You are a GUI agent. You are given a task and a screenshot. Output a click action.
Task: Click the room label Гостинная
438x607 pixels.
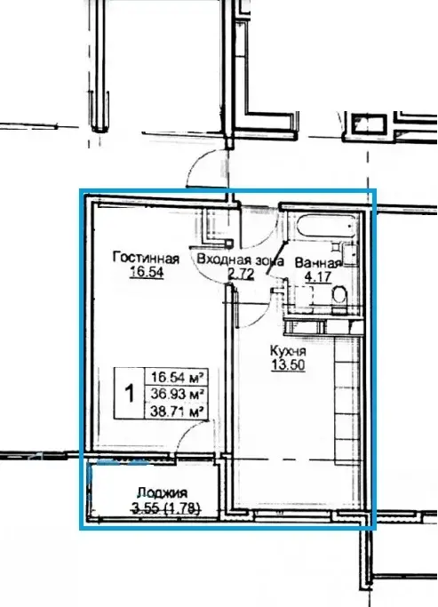pos(146,258)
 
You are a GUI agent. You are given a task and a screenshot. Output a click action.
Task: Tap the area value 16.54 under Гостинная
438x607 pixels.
pos(147,272)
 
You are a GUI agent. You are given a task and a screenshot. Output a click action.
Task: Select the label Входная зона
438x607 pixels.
pos(240,260)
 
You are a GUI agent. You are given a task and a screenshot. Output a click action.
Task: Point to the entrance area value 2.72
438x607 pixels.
pos(241,274)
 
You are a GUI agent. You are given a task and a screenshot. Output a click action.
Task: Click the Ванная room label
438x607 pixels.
pos(318,263)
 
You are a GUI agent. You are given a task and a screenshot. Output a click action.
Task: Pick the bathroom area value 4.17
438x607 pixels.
pos(318,277)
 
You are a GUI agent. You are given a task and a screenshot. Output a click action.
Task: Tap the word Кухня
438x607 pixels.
pos(288,351)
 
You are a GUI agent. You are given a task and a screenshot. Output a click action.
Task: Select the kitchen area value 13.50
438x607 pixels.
pos(288,365)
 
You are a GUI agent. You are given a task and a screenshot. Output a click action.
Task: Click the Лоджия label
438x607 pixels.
pos(163,493)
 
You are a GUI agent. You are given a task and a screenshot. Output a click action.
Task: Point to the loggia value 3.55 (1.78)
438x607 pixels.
pos(166,507)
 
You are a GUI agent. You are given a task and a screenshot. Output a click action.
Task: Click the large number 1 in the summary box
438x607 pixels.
pos(129,393)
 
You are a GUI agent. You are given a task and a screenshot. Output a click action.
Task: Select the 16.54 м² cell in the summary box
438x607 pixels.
pos(177,376)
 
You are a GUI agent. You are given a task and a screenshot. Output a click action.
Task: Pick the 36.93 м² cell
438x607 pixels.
pos(177,394)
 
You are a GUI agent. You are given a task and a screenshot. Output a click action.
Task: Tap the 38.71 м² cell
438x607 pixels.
pos(177,411)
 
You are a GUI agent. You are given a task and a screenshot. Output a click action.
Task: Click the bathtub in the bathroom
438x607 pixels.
pos(326,226)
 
